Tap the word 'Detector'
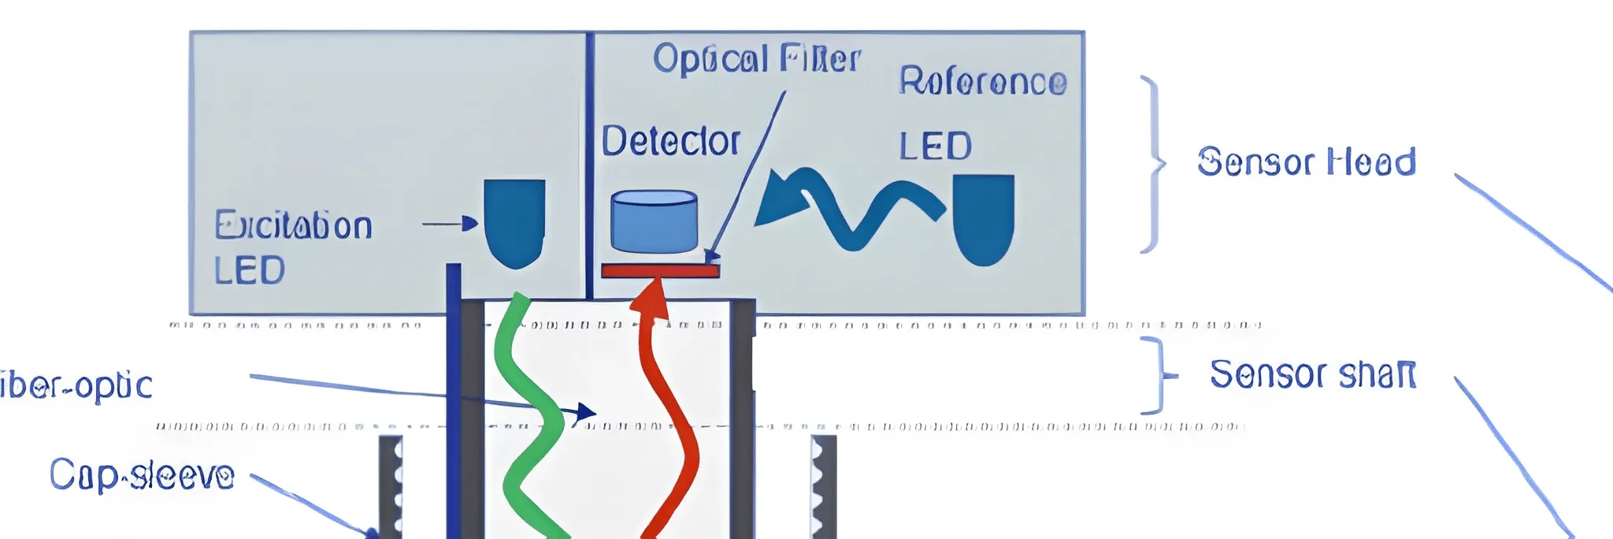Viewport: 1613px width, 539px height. tap(670, 142)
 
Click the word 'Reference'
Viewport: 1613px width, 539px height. tap(983, 81)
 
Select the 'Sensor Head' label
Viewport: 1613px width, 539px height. tap(1306, 162)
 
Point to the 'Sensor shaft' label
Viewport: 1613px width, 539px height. tap(1312, 374)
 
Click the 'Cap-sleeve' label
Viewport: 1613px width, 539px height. tap(142, 475)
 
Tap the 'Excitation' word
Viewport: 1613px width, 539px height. tap(293, 226)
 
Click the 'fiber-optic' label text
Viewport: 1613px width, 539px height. tap(76, 386)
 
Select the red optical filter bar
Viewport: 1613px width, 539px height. tap(660, 271)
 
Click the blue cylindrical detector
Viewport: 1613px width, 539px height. tap(654, 221)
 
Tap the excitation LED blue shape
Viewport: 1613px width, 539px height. tap(514, 221)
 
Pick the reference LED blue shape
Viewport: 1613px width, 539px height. tap(983, 218)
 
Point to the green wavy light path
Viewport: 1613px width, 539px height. tap(532, 410)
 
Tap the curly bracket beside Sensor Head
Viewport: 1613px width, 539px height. tap(1153, 164)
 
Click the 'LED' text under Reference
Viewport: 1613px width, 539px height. tap(935, 147)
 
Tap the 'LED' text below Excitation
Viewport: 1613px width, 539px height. tap(249, 271)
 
